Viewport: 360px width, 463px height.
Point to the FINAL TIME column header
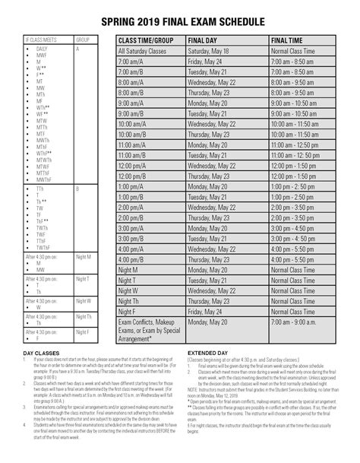pos(289,40)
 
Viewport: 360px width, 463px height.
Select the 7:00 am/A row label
pos(131,61)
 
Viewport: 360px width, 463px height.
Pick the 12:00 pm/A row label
pos(134,164)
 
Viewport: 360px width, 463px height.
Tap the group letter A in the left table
pos(77,48)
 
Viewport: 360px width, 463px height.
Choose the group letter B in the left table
pos(77,187)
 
